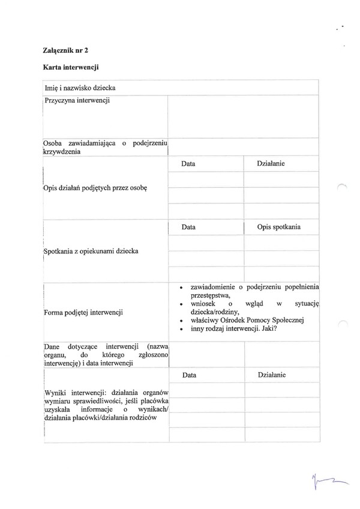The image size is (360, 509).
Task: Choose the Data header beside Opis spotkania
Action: pyautogui.click(x=188, y=227)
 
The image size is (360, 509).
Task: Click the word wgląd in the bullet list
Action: pyautogui.click(x=254, y=304)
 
